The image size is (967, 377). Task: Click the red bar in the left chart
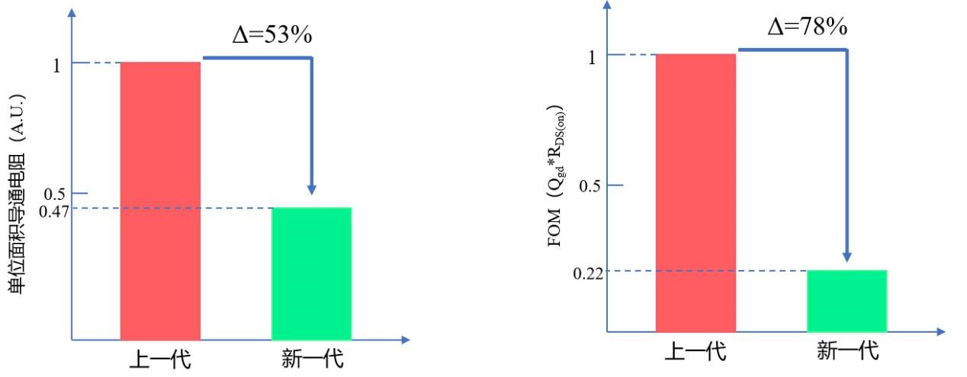(x=160, y=200)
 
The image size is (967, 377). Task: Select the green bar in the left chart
(x=311, y=272)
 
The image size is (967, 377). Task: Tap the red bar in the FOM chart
(x=696, y=192)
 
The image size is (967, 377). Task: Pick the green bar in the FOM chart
(x=847, y=301)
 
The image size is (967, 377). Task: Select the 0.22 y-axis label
(x=588, y=273)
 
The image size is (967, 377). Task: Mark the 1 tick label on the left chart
(x=56, y=65)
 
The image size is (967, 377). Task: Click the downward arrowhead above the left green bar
(x=311, y=190)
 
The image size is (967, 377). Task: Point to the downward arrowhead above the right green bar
(x=847, y=257)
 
